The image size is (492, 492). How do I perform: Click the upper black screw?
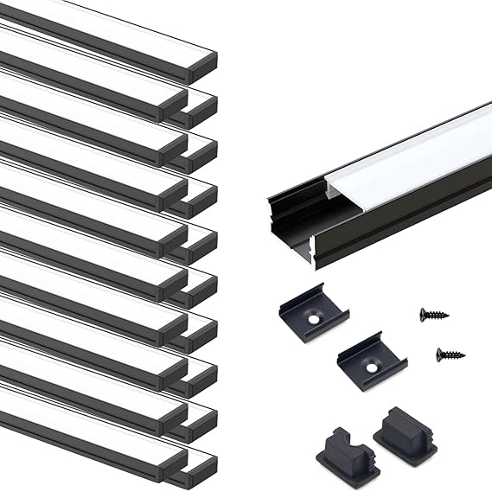coord(434,314)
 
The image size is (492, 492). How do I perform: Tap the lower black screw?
coord(450,354)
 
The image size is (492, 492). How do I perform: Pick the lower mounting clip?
coord(372,359)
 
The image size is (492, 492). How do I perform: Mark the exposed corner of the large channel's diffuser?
coord(329,186)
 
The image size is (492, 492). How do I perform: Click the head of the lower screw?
coord(440,353)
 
